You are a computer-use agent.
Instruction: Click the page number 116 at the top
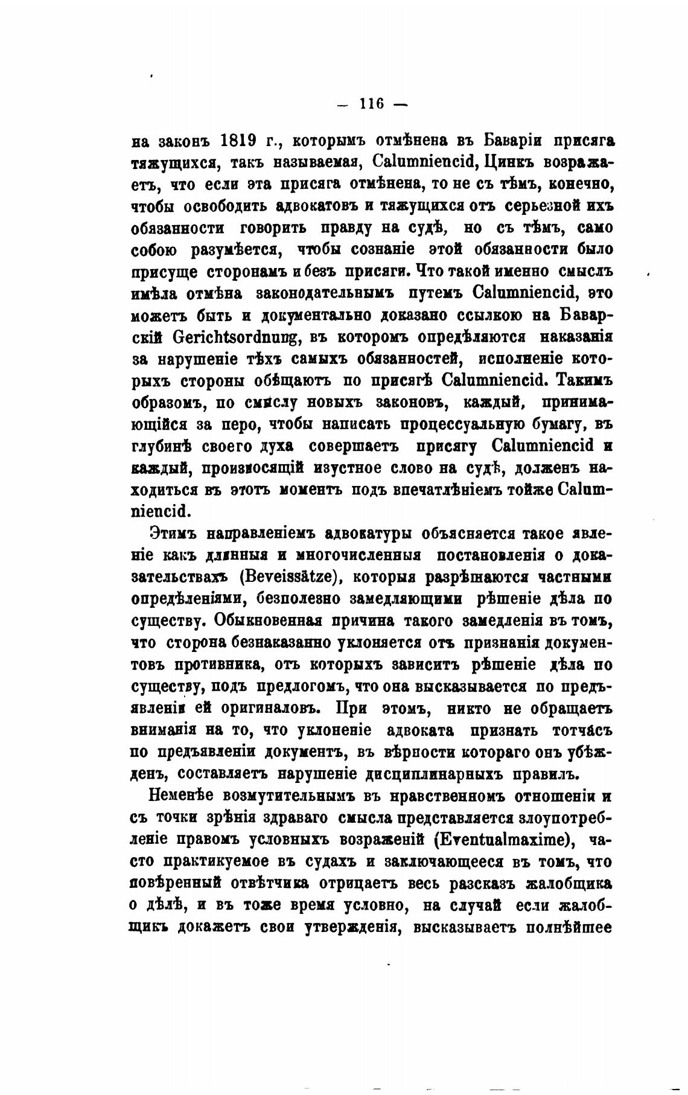coord(372,103)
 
